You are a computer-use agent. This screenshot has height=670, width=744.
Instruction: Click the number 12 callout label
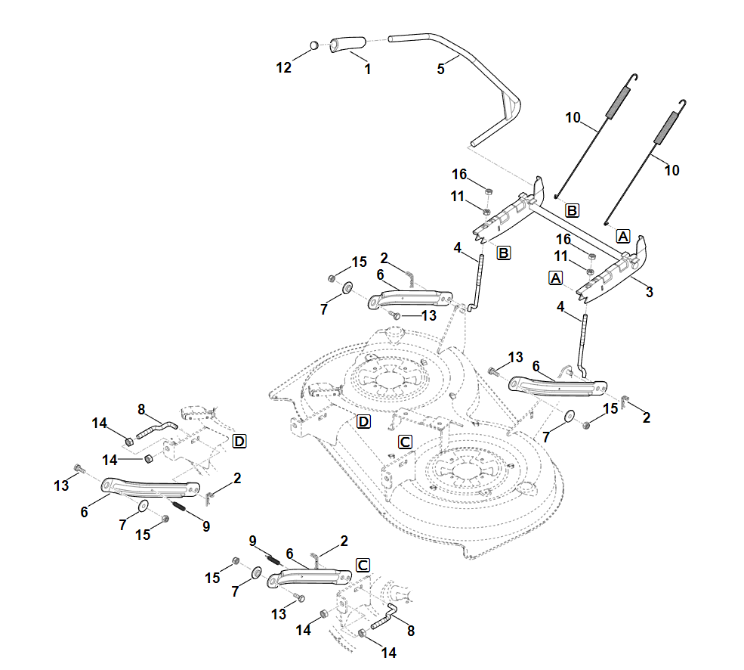pyautogui.click(x=283, y=68)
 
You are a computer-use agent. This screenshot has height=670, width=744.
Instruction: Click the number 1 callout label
pyautogui.click(x=367, y=69)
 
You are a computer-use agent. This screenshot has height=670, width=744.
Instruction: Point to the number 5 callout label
pyautogui.click(x=441, y=69)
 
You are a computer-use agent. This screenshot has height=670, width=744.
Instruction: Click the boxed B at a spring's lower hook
pyautogui.click(x=572, y=209)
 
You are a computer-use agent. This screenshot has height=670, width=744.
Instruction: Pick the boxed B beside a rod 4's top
pyautogui.click(x=503, y=252)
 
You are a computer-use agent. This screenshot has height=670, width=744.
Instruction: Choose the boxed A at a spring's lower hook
pyautogui.click(x=623, y=235)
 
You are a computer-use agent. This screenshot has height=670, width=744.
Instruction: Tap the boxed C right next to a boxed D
pyautogui.click(x=405, y=441)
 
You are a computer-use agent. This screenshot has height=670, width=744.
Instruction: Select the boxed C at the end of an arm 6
pyautogui.click(x=363, y=565)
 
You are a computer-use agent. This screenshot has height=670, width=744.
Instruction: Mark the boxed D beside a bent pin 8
pyautogui.click(x=239, y=441)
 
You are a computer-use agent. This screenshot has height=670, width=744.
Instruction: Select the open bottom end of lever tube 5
pyautogui.click(x=475, y=141)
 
